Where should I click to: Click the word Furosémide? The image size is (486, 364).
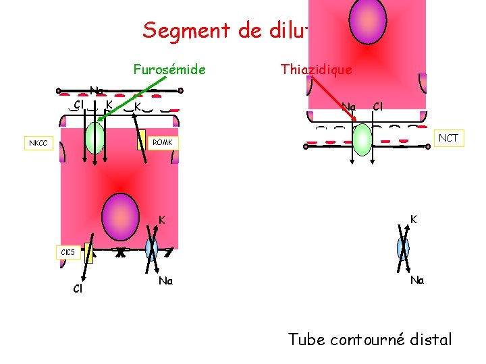click(169, 69)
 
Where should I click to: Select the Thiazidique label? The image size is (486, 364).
click(316, 69)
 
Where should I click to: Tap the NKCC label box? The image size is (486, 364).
click(38, 143)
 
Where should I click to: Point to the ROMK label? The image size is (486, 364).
click(162, 143)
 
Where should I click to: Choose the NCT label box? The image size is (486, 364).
click(448, 138)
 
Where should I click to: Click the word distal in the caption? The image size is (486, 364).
click(428, 339)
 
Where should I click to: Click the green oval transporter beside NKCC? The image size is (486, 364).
click(95, 138)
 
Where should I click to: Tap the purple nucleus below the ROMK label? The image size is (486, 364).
click(120, 208)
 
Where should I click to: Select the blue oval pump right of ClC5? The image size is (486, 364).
click(152, 249)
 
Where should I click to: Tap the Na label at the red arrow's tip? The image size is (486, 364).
click(348, 107)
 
